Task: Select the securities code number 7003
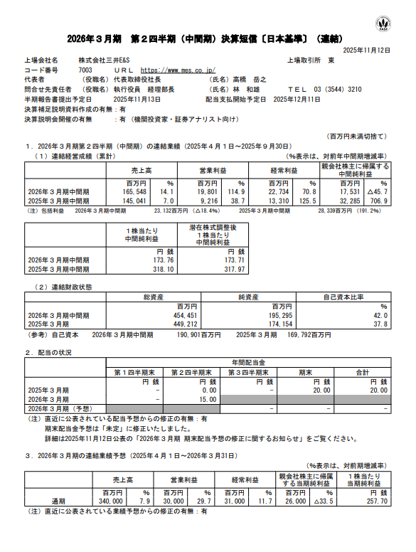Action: pyautogui.click(x=85, y=70)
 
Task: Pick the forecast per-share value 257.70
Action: pyautogui.click(x=376, y=501)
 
